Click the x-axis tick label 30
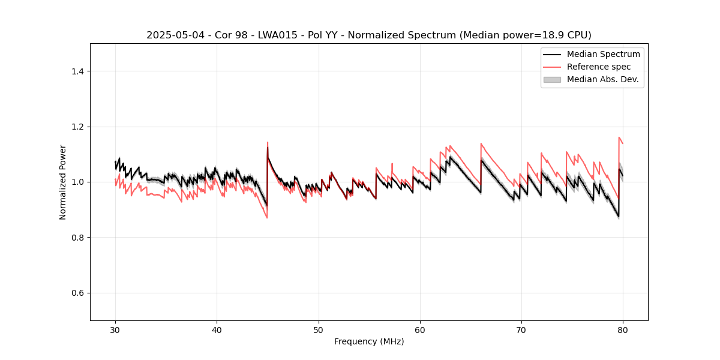pyautogui.click(x=115, y=329)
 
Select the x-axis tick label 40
pyautogui.click(x=217, y=329)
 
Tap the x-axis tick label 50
pyautogui.click(x=319, y=329)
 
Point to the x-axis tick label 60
pyautogui.click(x=420, y=329)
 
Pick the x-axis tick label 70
pyautogui.click(x=521, y=329)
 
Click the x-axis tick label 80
pyautogui.click(x=623, y=329)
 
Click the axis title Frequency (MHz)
pyautogui.click(x=369, y=341)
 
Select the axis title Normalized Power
pyautogui.click(x=63, y=182)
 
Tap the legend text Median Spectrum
pyautogui.click(x=603, y=54)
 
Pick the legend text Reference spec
pyautogui.click(x=599, y=67)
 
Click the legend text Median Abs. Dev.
pyautogui.click(x=603, y=79)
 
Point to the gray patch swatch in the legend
pyautogui.click(x=552, y=79)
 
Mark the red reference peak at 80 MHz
pyautogui.click(x=619, y=137)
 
